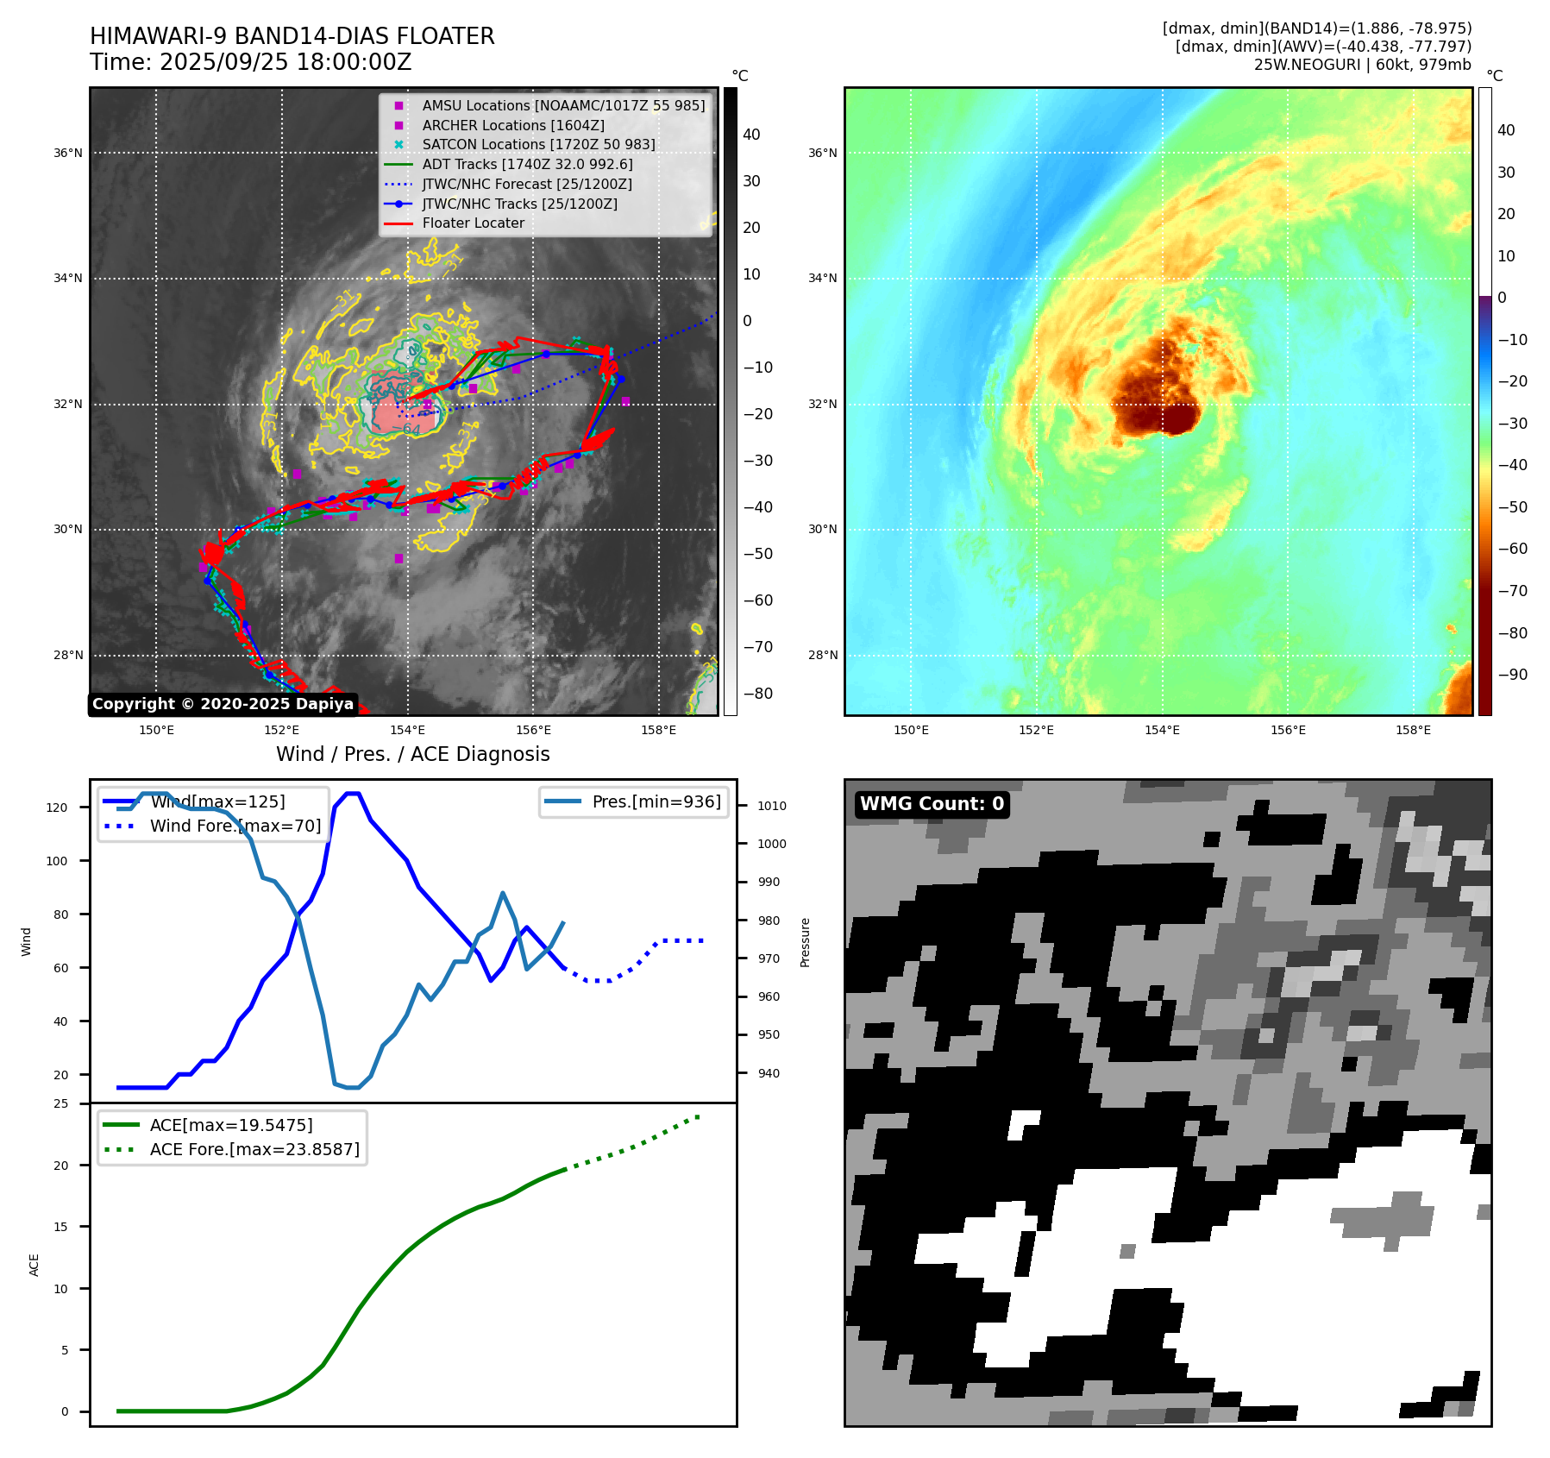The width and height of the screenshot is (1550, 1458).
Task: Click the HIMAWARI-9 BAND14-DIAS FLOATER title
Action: pyautogui.click(x=292, y=36)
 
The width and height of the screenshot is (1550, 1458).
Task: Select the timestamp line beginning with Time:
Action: pyautogui.click(x=250, y=62)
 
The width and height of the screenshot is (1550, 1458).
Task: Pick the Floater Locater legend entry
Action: pyautogui.click(x=473, y=223)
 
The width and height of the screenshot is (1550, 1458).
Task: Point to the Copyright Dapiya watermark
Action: pyautogui.click(x=223, y=704)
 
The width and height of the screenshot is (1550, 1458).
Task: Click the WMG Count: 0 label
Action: pyautogui.click(x=932, y=804)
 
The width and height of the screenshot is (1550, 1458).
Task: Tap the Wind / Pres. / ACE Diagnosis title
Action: pyautogui.click(x=412, y=754)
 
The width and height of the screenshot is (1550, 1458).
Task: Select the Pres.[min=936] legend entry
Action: pyautogui.click(x=656, y=801)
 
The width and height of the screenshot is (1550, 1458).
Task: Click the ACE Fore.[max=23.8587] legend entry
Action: pyautogui.click(x=254, y=1149)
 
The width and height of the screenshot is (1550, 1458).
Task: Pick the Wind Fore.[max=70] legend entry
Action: pyautogui.click(x=235, y=826)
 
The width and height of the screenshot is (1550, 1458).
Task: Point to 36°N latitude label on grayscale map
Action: pyautogui.click(x=68, y=154)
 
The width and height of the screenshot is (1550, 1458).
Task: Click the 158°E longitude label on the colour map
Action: pyautogui.click(x=1413, y=730)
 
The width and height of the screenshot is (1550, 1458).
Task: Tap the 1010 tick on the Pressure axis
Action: pyautogui.click(x=772, y=806)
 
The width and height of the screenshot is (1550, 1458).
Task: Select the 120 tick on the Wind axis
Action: pyautogui.click(x=57, y=808)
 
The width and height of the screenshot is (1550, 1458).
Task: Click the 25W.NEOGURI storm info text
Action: pyautogui.click(x=1362, y=65)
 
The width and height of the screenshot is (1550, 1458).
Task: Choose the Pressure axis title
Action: pyautogui.click(x=805, y=942)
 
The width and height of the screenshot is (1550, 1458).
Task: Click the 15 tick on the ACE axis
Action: pyautogui.click(x=60, y=1227)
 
